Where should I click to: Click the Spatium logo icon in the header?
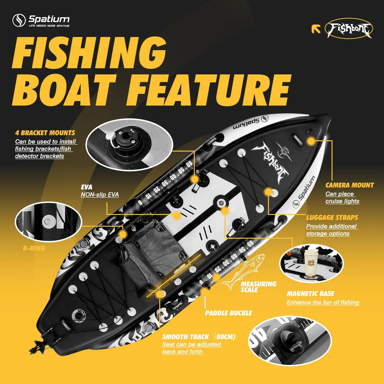19,20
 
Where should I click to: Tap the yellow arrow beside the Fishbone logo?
316,29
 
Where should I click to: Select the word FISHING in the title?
89,53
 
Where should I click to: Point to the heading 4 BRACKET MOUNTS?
45,133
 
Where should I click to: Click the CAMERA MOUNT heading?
349,185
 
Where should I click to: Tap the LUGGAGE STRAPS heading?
332,218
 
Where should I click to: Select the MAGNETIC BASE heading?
310,294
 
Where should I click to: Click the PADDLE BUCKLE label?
228,313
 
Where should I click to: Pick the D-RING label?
34,248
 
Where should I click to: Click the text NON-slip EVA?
100,195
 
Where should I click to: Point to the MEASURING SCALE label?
258,287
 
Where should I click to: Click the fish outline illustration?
243,271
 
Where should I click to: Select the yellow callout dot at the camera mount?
311,141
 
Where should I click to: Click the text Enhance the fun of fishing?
323,302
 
